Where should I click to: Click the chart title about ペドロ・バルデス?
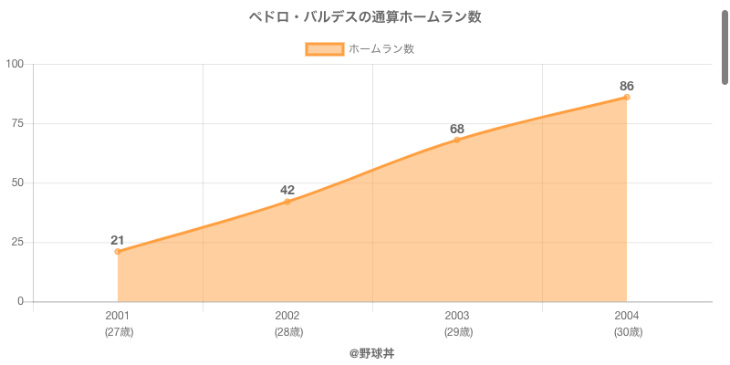coord(365,17)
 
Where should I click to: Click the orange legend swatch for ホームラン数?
coord(324,49)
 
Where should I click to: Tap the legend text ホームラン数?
coord(381,49)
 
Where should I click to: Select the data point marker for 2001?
coord(118,252)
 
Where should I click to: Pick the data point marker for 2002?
coord(287,202)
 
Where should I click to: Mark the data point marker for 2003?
coord(457,140)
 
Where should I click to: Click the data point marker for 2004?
coord(627,97)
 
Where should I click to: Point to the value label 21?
coord(118,240)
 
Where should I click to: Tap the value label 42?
coord(287,190)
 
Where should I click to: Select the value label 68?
coord(457,128)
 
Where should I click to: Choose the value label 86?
coord(627,86)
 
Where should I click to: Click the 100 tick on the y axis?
coord(16,64)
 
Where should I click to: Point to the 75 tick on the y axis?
coord(18,123)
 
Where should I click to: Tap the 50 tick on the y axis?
coord(18,182)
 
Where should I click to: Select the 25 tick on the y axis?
coord(18,242)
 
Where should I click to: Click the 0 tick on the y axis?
coord(21,301)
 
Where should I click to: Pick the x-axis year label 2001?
coord(118,316)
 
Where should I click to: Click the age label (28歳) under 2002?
coord(287,332)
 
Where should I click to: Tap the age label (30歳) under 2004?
coord(627,332)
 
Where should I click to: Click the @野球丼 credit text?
coord(371,352)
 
